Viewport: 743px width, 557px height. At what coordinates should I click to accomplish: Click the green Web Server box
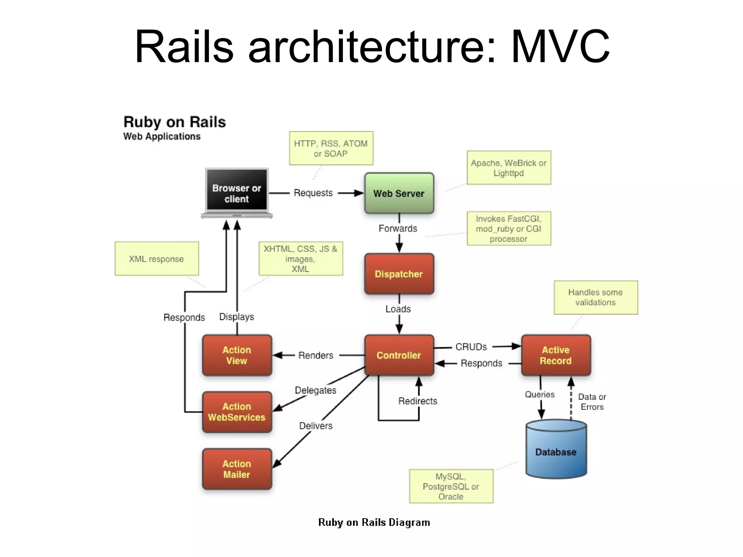pyautogui.click(x=399, y=193)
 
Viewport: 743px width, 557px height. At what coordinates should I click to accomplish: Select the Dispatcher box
pyautogui.click(x=399, y=274)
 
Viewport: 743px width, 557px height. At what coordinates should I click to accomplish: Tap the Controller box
pyautogui.click(x=399, y=355)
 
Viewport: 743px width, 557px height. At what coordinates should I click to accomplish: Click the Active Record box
pyautogui.click(x=555, y=355)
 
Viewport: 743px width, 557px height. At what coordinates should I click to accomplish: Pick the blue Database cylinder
pyautogui.click(x=556, y=451)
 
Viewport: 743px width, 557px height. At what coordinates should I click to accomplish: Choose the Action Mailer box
pyautogui.click(x=237, y=469)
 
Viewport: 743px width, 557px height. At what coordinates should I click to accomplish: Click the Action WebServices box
pyautogui.click(x=237, y=412)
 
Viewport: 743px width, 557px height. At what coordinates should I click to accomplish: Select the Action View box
pyautogui.click(x=237, y=355)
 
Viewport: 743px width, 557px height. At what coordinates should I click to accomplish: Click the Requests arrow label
pyautogui.click(x=313, y=193)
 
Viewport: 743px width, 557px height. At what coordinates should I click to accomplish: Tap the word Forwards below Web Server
pyautogui.click(x=398, y=228)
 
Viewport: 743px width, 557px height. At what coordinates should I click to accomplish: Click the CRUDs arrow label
pyautogui.click(x=471, y=347)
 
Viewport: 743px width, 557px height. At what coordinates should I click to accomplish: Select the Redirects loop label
pyautogui.click(x=418, y=401)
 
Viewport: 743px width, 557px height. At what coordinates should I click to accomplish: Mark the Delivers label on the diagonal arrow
pyautogui.click(x=316, y=426)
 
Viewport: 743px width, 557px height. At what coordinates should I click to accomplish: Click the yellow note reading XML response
pyautogui.click(x=157, y=259)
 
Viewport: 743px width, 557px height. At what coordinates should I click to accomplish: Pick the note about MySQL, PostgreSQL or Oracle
pyautogui.click(x=451, y=486)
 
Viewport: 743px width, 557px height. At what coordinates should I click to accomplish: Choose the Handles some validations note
pyautogui.click(x=595, y=297)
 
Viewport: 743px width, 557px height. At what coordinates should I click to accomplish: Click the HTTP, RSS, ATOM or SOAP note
pyautogui.click(x=331, y=148)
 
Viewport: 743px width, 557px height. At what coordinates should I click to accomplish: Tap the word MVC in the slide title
pyautogui.click(x=560, y=47)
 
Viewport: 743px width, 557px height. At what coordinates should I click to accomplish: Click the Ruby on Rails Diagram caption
pyautogui.click(x=374, y=522)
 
